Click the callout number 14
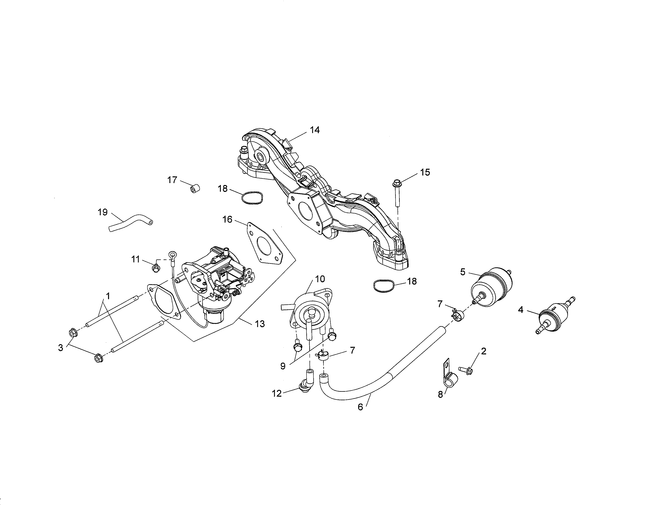click(315, 130)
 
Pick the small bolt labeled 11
click(155, 268)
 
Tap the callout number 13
click(260, 324)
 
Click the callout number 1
click(108, 296)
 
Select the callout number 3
click(61, 348)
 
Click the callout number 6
click(360, 407)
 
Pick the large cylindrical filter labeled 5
click(491, 287)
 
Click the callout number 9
click(283, 366)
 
